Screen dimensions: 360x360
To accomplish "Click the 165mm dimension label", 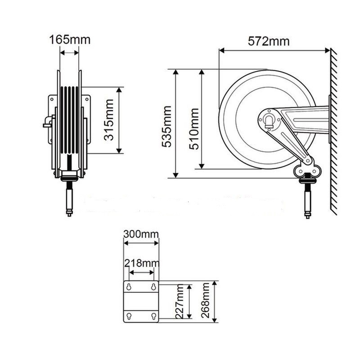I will pos(70,40).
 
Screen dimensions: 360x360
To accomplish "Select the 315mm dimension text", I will pos(109,120).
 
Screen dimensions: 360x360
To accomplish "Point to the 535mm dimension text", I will pos(167,126).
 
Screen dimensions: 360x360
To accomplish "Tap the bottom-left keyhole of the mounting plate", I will pos(129,316).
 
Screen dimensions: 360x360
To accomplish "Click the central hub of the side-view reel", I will pos(269,120).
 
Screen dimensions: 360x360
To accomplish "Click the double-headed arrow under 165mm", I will pos(70,53).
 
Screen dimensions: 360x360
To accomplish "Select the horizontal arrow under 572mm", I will pos(274,50).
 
